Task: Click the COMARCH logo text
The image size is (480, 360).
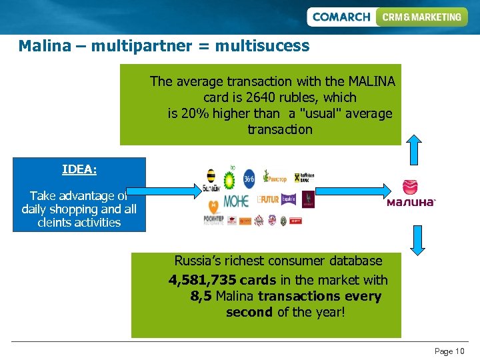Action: [341, 17]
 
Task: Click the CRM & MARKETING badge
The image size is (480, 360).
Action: [421, 17]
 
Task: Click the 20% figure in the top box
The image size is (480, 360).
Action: [193, 113]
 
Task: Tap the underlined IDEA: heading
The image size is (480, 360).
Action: [79, 169]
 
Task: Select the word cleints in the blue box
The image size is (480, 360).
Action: [57, 223]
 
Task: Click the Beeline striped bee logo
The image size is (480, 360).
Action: [211, 180]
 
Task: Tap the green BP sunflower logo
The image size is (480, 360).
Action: [230, 179]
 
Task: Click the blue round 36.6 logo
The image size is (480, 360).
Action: [249, 178]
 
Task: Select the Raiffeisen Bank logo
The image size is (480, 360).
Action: [304, 178]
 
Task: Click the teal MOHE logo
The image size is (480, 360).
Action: [235, 200]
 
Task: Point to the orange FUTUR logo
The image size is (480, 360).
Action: [268, 199]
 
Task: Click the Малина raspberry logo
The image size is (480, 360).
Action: [411, 194]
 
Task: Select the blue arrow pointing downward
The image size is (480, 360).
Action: [418, 240]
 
